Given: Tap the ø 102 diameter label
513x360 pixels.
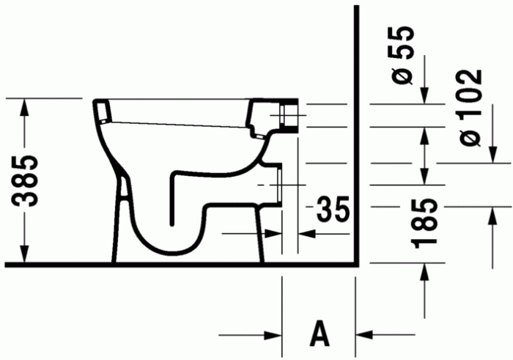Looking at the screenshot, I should point(468,106).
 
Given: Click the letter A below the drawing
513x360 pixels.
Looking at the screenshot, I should point(319,334).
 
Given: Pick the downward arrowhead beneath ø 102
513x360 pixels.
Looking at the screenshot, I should point(492,155).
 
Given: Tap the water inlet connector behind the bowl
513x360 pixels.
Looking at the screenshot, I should point(290,115).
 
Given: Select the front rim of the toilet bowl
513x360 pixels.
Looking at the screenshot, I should point(103,111).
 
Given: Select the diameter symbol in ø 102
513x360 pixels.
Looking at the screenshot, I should point(468,136).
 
